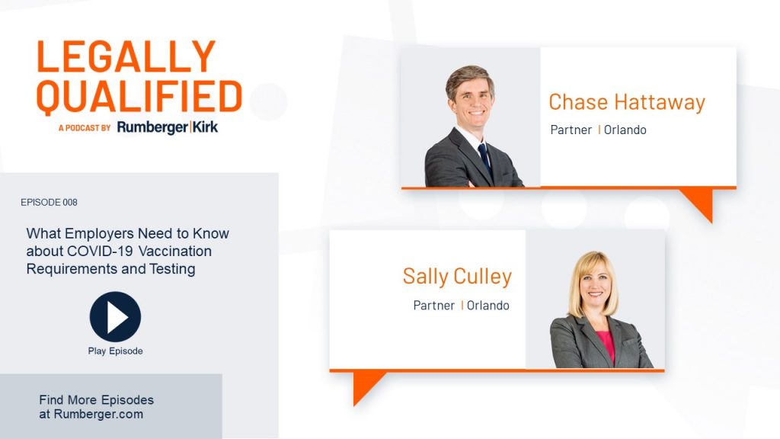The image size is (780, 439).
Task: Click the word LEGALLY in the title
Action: [x=126, y=56]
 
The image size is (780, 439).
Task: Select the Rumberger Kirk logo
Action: [x=168, y=127]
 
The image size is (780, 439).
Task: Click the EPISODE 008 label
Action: [x=49, y=202]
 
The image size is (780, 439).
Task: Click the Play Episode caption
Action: [x=116, y=351]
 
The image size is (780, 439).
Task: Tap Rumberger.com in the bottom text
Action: [x=98, y=414]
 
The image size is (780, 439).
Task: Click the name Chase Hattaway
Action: [x=627, y=102]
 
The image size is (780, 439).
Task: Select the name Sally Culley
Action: [x=457, y=277]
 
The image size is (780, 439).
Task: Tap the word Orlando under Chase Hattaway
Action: [x=625, y=130]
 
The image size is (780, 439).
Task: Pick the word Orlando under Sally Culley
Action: [x=488, y=305]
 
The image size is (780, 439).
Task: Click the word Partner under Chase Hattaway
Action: [x=571, y=130]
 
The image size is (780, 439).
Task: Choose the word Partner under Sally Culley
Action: [x=433, y=305]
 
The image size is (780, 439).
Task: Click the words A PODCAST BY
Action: [x=85, y=128]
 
